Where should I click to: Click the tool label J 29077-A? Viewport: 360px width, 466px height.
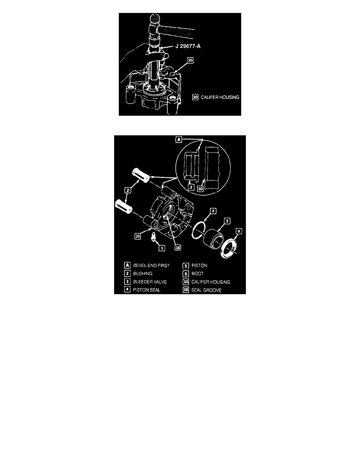point(188,46)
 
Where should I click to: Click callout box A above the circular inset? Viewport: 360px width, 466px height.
point(178,139)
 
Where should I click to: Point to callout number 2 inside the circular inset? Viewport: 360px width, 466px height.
point(191,187)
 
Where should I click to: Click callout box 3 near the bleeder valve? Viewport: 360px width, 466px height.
point(162,248)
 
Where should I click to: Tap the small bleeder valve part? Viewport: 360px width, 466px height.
point(153,238)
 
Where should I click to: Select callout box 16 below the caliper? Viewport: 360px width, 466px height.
point(178,247)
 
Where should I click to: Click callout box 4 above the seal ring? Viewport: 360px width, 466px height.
point(213,211)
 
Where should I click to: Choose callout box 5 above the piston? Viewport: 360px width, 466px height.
point(227,221)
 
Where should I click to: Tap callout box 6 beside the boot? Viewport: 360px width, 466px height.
point(238,231)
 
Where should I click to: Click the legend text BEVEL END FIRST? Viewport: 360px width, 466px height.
point(151,266)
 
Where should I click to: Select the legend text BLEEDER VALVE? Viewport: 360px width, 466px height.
point(150,282)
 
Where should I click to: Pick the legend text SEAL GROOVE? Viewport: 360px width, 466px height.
point(206,290)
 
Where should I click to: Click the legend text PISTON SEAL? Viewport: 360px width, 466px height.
point(146,290)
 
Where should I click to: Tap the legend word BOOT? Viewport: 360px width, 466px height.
point(198,273)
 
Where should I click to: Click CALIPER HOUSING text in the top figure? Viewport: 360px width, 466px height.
point(220,97)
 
